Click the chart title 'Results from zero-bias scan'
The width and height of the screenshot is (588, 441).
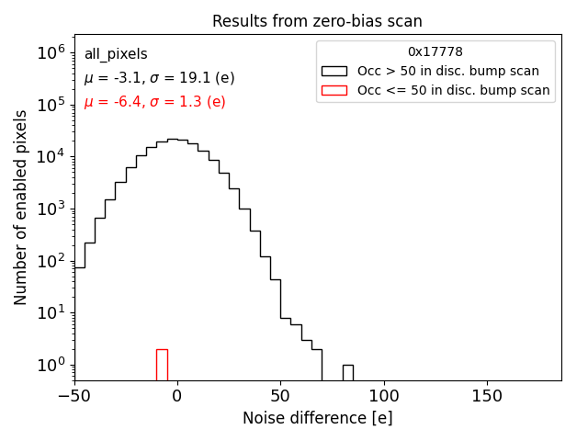coord(317,21)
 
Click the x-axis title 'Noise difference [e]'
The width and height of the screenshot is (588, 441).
coord(317,418)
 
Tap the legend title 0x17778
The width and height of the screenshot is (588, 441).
coord(435,51)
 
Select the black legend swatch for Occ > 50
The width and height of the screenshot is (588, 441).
coord(334,71)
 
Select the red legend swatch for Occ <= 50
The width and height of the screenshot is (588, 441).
coord(334,90)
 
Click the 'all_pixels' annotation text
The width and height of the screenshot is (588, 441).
coord(116,54)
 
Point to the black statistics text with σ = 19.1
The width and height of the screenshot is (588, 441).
coord(159,78)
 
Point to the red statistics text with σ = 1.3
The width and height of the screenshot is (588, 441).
coord(154,102)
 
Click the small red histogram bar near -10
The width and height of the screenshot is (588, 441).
coord(162,365)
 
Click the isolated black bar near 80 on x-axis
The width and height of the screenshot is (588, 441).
coord(347,372)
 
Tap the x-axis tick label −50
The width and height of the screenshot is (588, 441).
coord(74,396)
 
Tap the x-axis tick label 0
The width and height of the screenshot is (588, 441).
coord(177,396)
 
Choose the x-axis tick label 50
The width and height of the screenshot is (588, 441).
coord(280,396)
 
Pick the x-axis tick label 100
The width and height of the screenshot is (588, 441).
coord(383,396)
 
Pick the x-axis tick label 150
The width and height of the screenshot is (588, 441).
coord(486,396)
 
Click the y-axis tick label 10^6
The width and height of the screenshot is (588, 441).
coord(50,53)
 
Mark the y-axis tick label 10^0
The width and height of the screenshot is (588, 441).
coord(50,366)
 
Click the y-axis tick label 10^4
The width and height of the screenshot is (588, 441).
coord(50,157)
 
